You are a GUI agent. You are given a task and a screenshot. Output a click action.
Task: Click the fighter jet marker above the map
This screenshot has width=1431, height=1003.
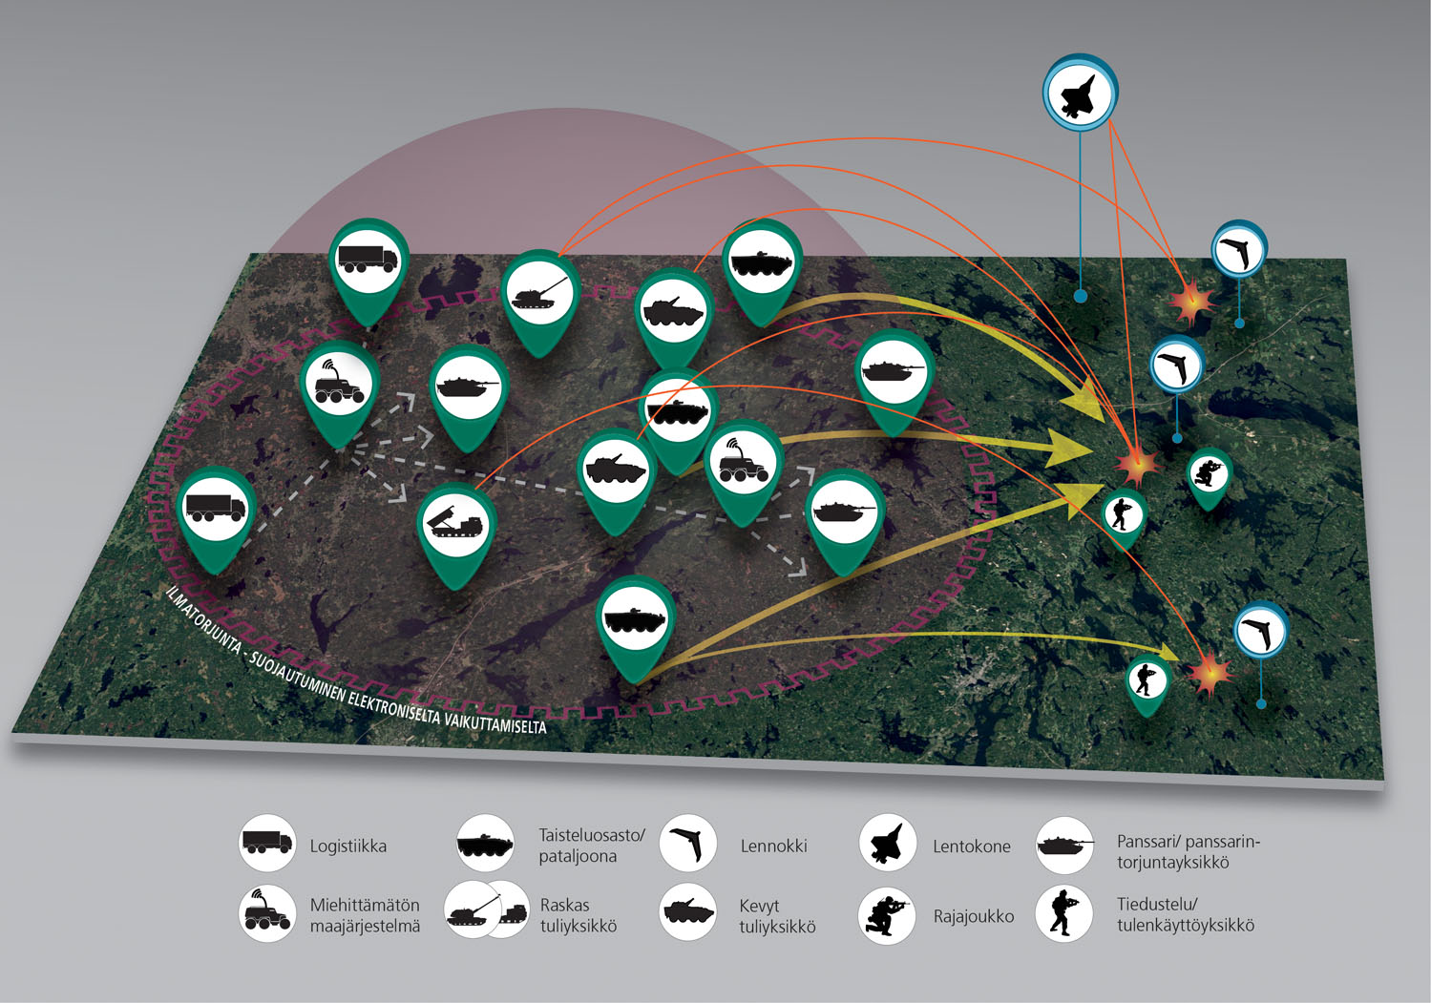click(1080, 93)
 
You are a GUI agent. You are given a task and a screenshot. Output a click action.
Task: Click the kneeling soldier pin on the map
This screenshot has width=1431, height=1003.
click(1209, 474)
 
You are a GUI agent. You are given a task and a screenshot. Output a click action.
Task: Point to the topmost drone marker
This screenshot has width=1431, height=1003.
click(1239, 251)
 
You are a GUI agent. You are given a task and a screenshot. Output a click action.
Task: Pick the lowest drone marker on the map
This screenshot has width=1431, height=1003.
click(1260, 632)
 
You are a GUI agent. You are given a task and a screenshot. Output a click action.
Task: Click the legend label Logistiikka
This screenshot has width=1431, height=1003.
click(348, 846)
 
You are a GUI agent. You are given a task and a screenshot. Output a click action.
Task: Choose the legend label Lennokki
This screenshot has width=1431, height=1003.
click(773, 846)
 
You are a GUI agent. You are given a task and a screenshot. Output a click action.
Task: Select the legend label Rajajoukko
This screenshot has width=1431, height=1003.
click(973, 917)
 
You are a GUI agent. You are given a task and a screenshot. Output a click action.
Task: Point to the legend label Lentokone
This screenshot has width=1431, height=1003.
click(971, 846)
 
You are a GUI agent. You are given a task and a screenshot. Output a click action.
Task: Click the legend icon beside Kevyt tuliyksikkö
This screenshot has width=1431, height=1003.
click(688, 913)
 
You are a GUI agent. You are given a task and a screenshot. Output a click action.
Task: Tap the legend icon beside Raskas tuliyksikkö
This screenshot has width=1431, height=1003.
click(487, 913)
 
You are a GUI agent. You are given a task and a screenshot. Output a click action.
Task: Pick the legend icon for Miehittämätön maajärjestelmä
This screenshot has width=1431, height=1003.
click(267, 913)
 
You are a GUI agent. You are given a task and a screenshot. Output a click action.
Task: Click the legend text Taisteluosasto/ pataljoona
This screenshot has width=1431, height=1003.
click(592, 846)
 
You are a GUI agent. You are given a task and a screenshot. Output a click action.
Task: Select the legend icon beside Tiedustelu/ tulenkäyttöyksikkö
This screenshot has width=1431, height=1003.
click(1064, 913)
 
